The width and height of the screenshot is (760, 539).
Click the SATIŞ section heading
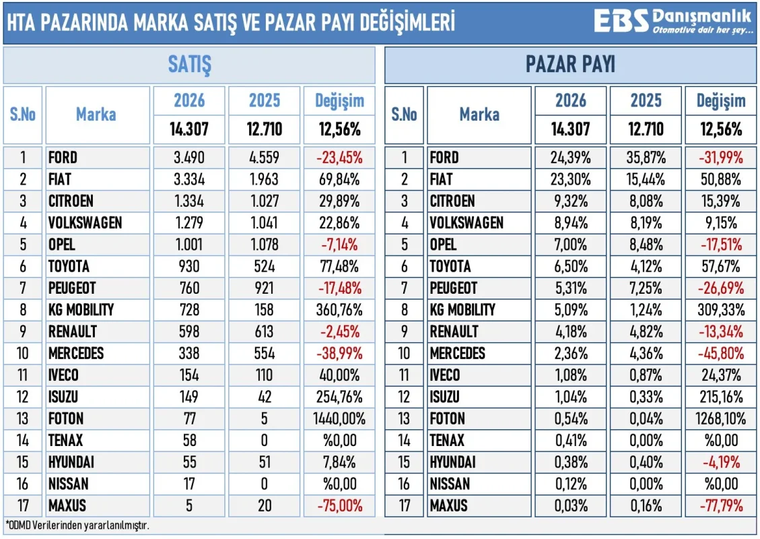pyautogui.click(x=189, y=65)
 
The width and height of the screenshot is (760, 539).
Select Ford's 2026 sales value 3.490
pyautogui.click(x=189, y=158)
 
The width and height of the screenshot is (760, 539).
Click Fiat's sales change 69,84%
pyautogui.click(x=339, y=179)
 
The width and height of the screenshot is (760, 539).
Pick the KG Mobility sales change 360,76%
pyautogui.click(x=339, y=310)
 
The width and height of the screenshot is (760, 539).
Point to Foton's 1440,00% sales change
pyautogui.click(x=339, y=418)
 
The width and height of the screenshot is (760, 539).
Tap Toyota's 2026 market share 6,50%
pyautogui.click(x=570, y=266)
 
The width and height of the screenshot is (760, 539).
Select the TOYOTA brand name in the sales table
pyautogui.click(x=69, y=266)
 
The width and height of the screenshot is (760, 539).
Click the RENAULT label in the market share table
pyautogui.click(x=454, y=331)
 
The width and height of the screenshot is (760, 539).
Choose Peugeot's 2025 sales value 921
pyautogui.click(x=265, y=288)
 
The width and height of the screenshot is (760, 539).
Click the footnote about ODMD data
pyautogui.click(x=77, y=524)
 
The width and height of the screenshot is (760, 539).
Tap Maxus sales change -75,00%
pyautogui.click(x=339, y=505)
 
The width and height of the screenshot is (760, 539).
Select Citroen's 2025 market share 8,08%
pyautogui.click(x=646, y=201)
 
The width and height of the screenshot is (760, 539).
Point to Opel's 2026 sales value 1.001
pyautogui.click(x=189, y=245)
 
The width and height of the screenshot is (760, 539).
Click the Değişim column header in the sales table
pyautogui.click(x=339, y=102)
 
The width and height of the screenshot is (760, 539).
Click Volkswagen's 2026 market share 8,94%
pyautogui.click(x=570, y=223)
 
